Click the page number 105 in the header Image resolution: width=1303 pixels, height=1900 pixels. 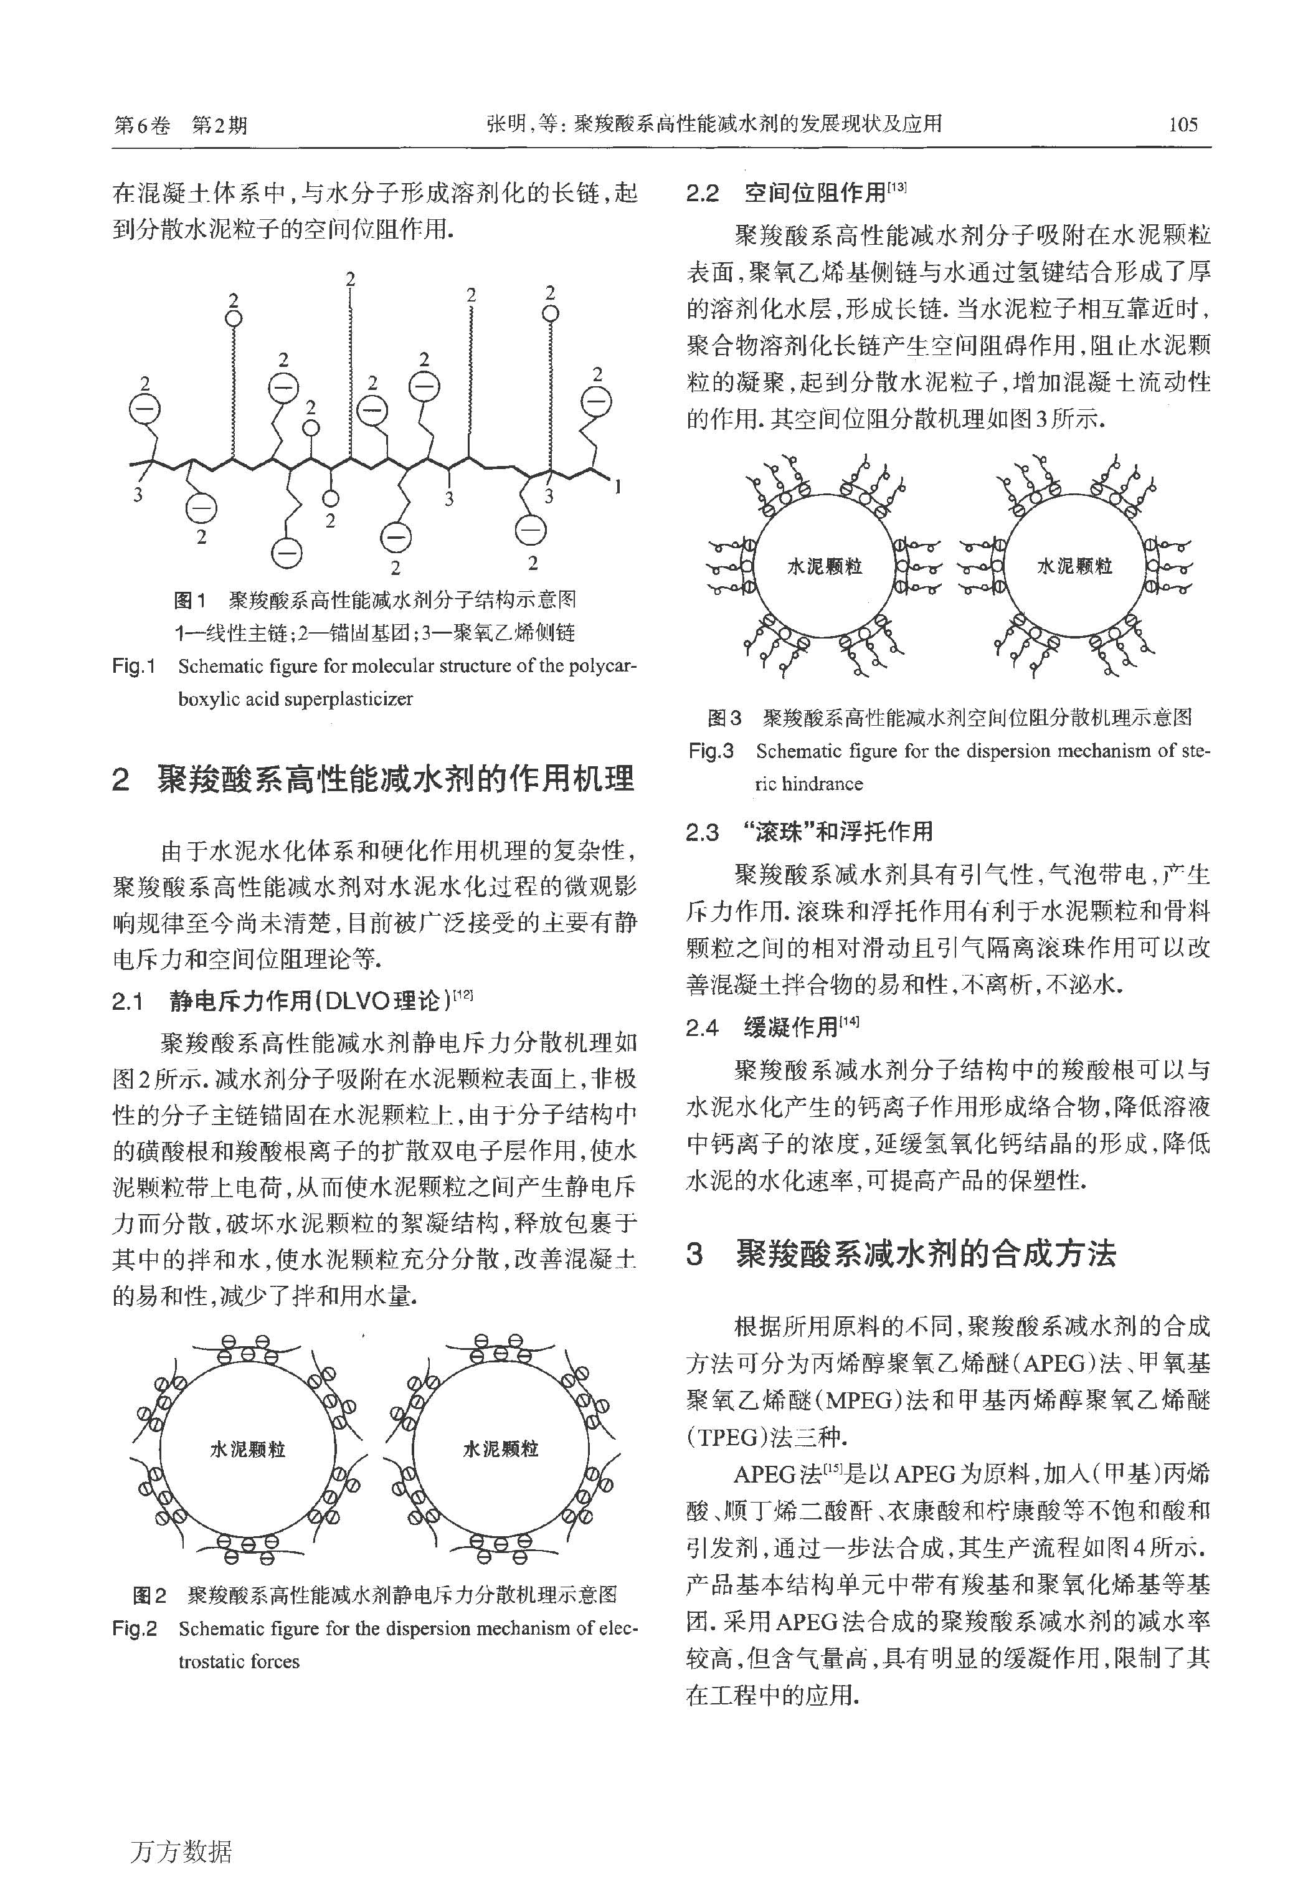[x=1183, y=124]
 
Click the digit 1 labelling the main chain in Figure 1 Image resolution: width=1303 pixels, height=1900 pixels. [x=618, y=488]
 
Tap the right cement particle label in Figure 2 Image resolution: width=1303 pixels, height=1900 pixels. [x=500, y=1450]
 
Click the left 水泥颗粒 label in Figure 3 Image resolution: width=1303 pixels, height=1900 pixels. [x=824, y=566]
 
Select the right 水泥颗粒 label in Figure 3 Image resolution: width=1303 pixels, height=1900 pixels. [x=1074, y=566]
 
